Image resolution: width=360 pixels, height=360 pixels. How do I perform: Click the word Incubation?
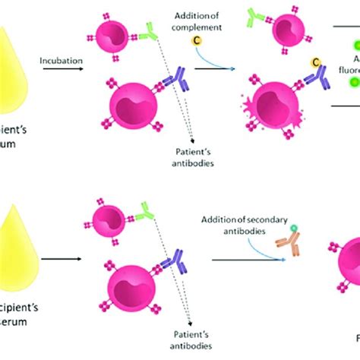point(62,56)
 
